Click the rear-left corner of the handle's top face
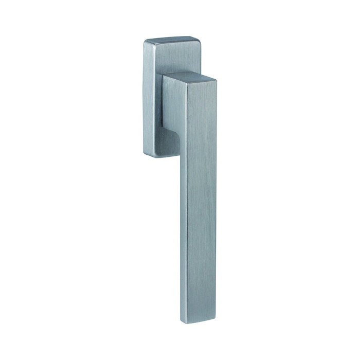(x=164, y=75)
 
